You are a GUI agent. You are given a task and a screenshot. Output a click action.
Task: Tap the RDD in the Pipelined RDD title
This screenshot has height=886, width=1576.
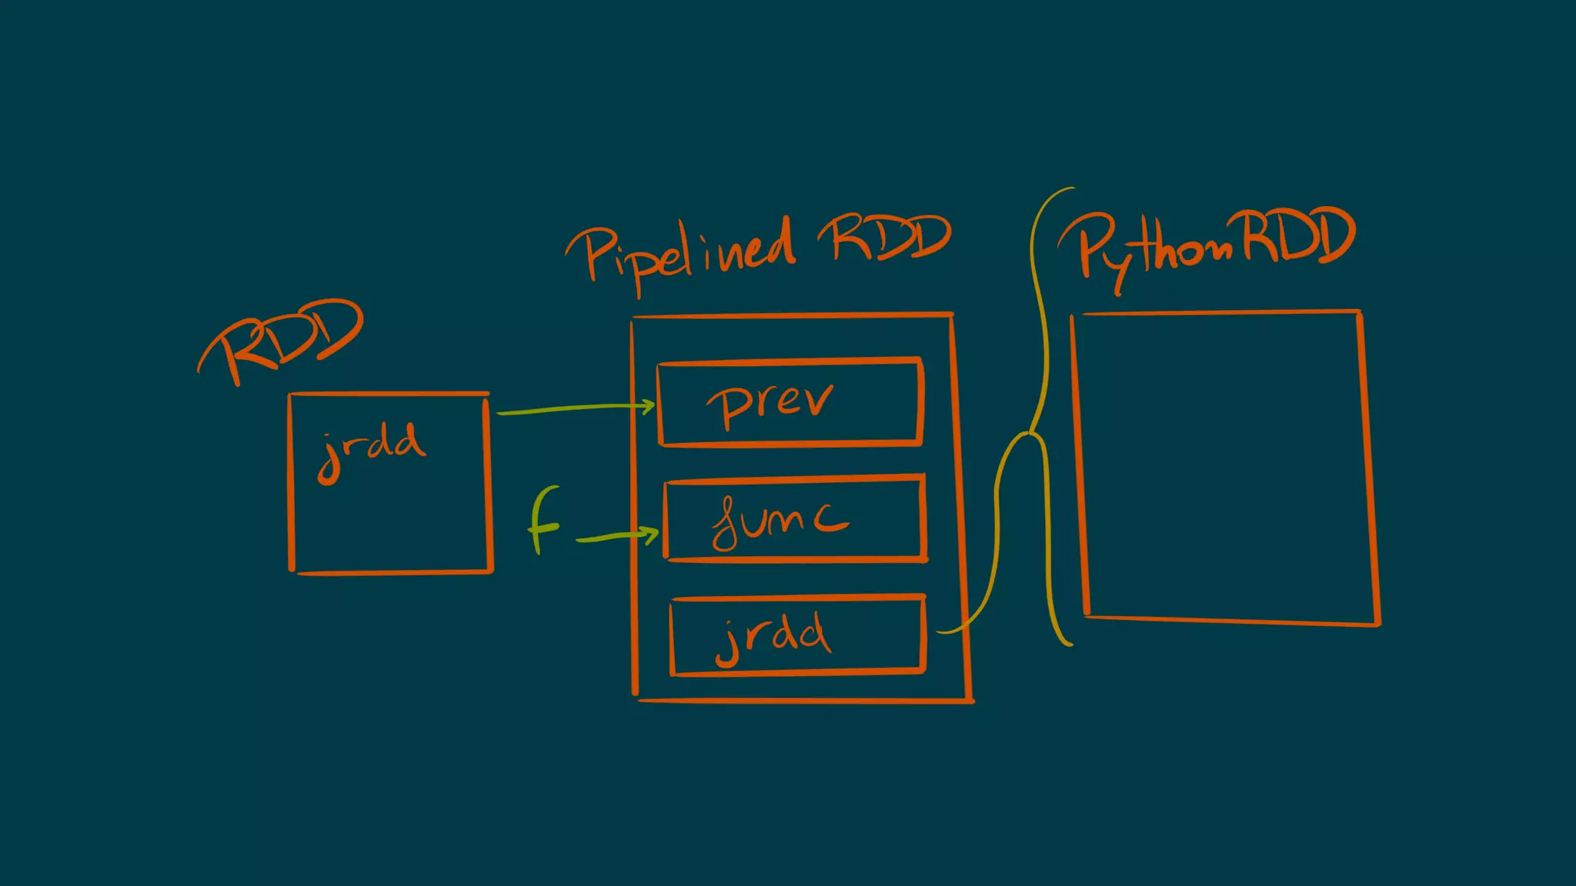tap(885, 238)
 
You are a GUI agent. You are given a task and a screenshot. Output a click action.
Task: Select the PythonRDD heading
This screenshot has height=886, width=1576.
tap(1208, 242)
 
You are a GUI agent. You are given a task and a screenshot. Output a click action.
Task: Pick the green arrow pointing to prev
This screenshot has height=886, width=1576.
tap(573, 409)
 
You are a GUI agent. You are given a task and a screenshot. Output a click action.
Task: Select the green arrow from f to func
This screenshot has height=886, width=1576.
tap(616, 536)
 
